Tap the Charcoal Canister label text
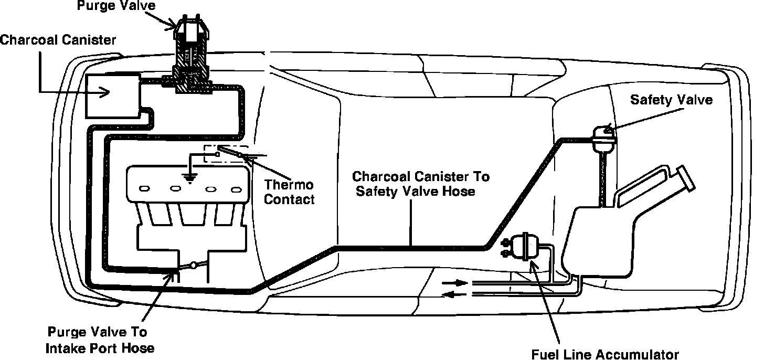pyautogui.click(x=58, y=40)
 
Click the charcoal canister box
pyautogui.click(x=112, y=95)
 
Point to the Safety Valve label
pyautogui.click(x=671, y=100)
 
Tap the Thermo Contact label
pyautogui.click(x=289, y=192)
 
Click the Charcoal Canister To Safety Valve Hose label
pyautogui.click(x=420, y=183)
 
